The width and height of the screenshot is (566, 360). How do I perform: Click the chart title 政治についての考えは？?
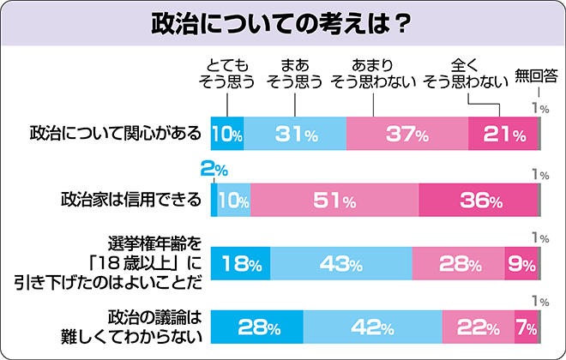click(x=283, y=22)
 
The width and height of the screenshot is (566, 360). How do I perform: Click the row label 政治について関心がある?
click(x=115, y=134)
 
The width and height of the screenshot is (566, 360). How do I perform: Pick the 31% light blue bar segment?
click(x=296, y=134)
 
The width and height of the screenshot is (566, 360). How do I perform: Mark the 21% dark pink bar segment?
click(x=503, y=134)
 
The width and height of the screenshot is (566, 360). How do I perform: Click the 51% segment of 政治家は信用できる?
click(x=334, y=201)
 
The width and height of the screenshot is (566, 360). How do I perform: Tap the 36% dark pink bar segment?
click(x=479, y=201)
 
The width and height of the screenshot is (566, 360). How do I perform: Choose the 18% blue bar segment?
click(x=241, y=263)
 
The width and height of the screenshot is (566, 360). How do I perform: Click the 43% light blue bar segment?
click(x=341, y=263)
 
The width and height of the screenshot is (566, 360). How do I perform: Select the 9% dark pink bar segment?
click(x=521, y=263)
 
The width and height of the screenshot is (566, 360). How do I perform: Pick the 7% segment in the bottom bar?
click(x=526, y=327)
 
